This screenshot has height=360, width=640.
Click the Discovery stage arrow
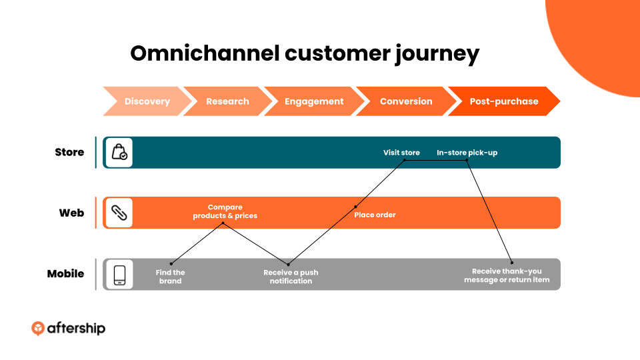coord(147,101)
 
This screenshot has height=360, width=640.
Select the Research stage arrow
coord(227,101)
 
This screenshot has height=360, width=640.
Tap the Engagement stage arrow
coord(314,101)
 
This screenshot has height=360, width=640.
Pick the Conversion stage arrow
coord(406,101)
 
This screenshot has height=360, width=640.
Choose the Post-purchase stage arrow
coord(504,101)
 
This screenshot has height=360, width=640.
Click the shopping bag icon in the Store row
coord(119,152)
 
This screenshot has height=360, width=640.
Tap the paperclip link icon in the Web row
coord(119,213)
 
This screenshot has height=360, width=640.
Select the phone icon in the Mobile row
coord(119,274)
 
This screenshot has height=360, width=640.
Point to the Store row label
coord(69,152)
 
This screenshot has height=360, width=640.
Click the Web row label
coord(71,213)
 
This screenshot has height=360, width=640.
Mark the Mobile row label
coord(65,273)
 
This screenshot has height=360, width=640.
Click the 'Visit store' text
coord(401,153)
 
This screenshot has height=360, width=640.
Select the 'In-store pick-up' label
coord(467,153)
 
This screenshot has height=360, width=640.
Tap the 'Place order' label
coord(375,215)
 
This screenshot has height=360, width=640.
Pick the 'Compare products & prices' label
coord(225,211)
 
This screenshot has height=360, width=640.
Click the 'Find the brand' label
coord(170,277)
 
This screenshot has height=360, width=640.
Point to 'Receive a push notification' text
coord(291,277)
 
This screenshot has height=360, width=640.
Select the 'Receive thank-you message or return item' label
coord(507,275)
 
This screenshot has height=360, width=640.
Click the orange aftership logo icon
coord(38,328)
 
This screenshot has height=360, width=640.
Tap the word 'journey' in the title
coord(437,54)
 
